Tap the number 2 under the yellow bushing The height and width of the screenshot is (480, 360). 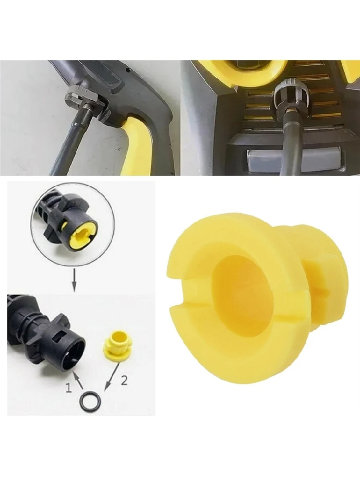[124, 381]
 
